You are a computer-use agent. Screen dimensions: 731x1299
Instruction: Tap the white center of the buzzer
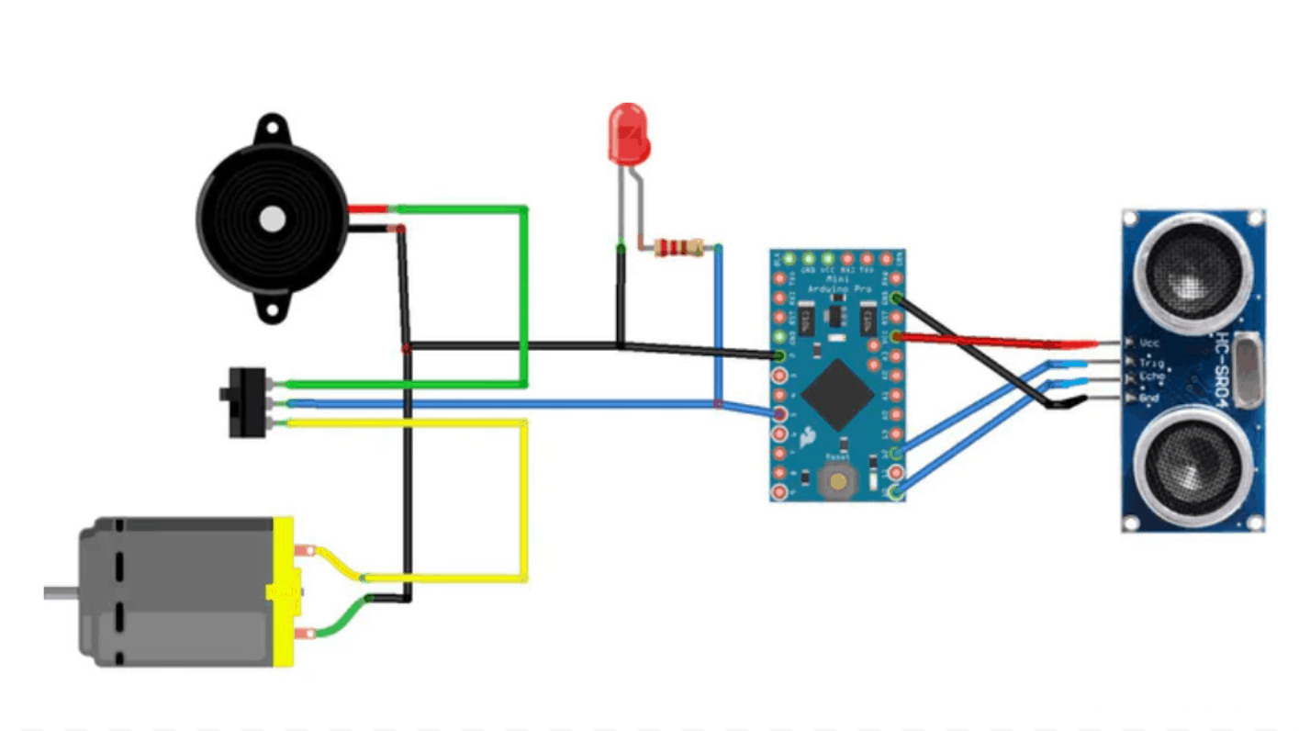[x=272, y=219]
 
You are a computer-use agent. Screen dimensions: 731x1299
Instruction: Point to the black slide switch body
[x=245, y=402]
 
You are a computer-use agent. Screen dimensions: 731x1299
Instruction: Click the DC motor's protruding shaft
[x=61, y=592]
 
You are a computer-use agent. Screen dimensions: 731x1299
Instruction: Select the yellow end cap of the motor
[x=284, y=592]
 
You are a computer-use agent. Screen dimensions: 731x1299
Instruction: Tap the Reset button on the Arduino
[x=836, y=478]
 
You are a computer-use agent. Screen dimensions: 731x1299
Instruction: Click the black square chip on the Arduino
[x=837, y=394]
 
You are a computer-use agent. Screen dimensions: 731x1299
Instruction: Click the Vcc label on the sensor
[x=1149, y=343]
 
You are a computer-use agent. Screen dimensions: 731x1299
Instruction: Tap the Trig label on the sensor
[x=1150, y=362]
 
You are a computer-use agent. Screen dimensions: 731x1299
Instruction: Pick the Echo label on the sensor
[x=1152, y=378]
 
